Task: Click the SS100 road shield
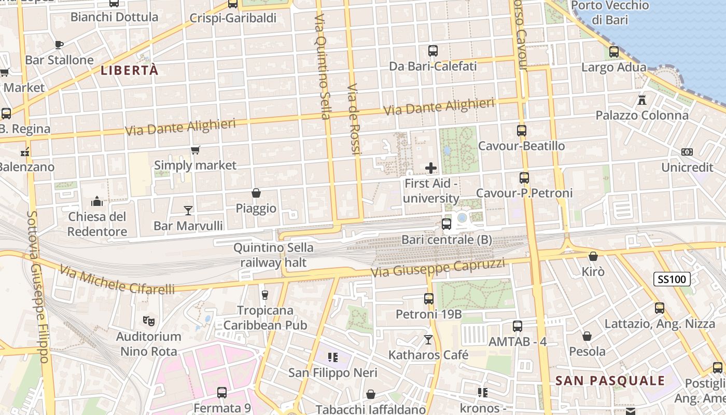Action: pyautogui.click(x=672, y=279)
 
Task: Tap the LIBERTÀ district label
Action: pyautogui.click(x=129, y=71)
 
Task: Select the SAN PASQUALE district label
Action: pyautogui.click(x=610, y=380)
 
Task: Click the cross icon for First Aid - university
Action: pyautogui.click(x=430, y=168)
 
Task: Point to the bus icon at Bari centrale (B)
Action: pyautogui.click(x=446, y=224)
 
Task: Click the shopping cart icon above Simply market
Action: pyautogui.click(x=195, y=150)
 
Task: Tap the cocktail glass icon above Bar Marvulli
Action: pyautogui.click(x=188, y=210)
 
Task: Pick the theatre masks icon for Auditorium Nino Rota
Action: pyautogui.click(x=149, y=321)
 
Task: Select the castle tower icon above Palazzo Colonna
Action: pyautogui.click(x=642, y=100)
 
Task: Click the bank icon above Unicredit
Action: pyautogui.click(x=687, y=152)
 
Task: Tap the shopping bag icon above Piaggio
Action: pyautogui.click(x=256, y=193)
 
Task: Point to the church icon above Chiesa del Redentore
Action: pyautogui.click(x=97, y=201)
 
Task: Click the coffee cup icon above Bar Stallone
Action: pyautogui.click(x=59, y=45)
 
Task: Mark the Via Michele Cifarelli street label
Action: pyautogui.click(x=117, y=280)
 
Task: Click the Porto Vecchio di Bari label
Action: pyautogui.click(x=610, y=13)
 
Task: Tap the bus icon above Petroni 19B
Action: pyautogui.click(x=428, y=299)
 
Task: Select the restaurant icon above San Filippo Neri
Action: pyautogui.click(x=332, y=357)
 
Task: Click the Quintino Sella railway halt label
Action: pyautogui.click(x=273, y=255)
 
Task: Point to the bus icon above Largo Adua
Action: pyautogui.click(x=614, y=52)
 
